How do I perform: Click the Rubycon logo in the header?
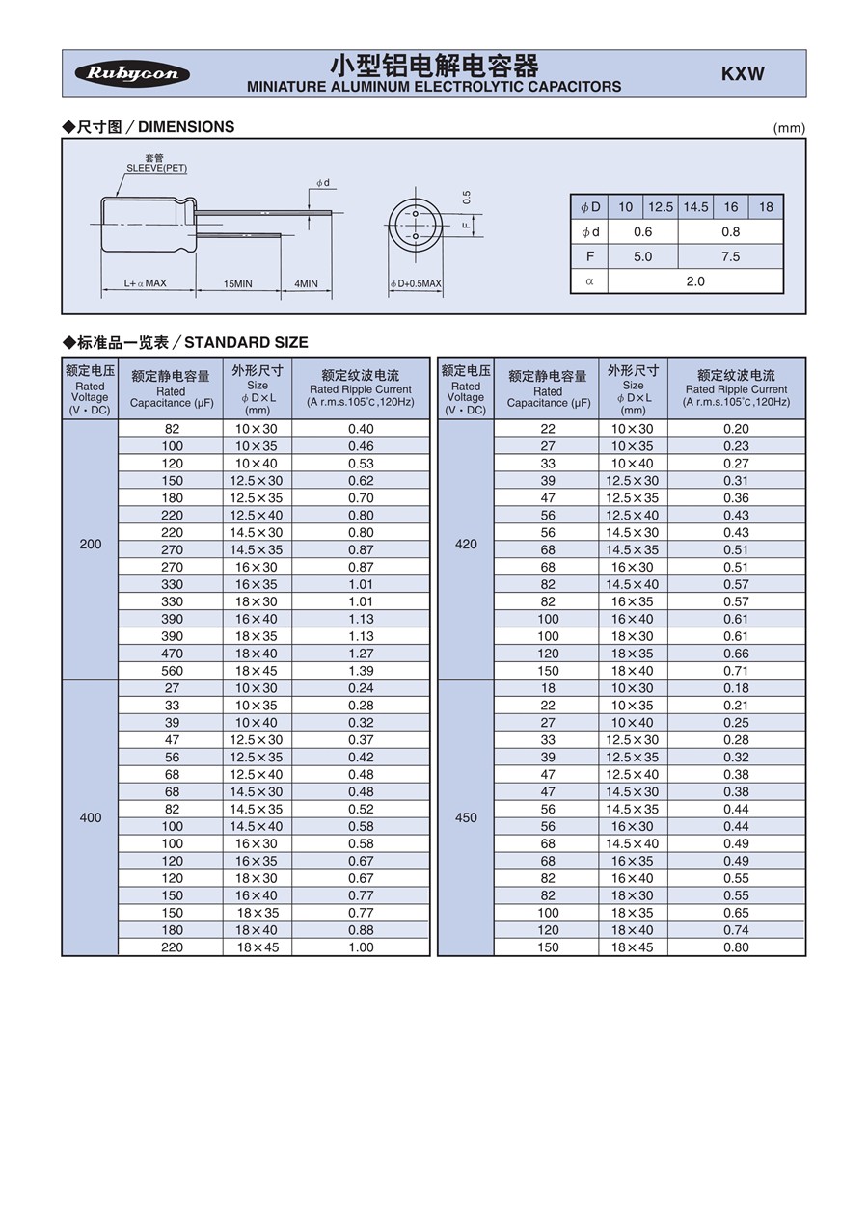(x=132, y=74)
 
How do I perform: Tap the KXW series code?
(x=743, y=74)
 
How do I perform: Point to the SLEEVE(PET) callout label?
(x=156, y=168)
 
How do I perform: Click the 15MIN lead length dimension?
(x=237, y=284)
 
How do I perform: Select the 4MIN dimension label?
(x=306, y=284)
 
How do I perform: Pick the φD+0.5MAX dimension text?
(x=416, y=284)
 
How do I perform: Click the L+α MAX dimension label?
(x=146, y=284)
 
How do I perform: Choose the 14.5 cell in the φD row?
(x=695, y=207)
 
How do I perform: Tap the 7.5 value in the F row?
(x=730, y=256)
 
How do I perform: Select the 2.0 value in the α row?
(x=695, y=281)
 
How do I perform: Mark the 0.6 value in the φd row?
(x=642, y=231)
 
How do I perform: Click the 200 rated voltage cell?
(x=90, y=545)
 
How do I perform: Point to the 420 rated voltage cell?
(x=466, y=545)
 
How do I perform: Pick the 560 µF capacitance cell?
(x=172, y=671)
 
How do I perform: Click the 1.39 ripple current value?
(x=361, y=671)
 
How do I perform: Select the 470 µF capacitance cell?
(x=172, y=654)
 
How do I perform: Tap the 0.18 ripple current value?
(x=736, y=688)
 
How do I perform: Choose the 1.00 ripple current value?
(x=361, y=947)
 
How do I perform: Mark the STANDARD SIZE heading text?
(x=246, y=342)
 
